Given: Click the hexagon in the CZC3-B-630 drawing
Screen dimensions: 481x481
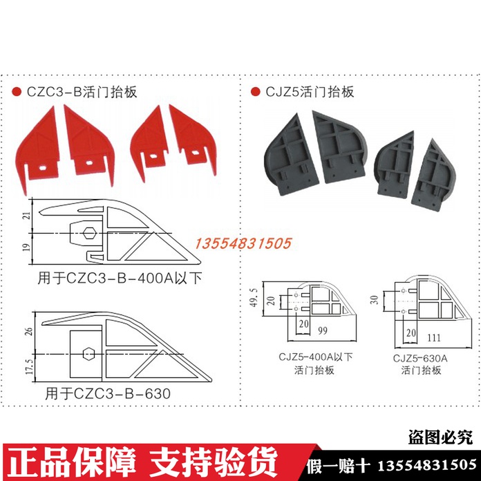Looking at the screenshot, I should [87, 355].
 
